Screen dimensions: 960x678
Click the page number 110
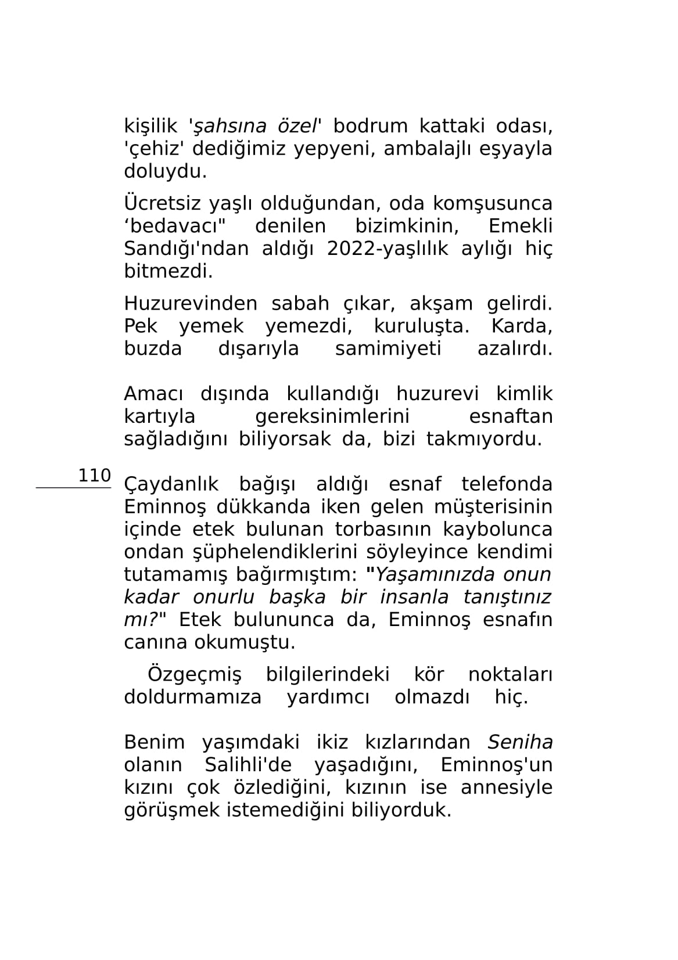(x=94, y=475)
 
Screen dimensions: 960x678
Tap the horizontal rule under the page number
(x=73, y=488)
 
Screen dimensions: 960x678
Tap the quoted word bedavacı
(x=175, y=226)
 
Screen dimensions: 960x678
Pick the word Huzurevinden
(x=190, y=303)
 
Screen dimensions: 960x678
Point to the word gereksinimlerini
(x=332, y=416)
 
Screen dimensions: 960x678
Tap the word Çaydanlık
(x=172, y=484)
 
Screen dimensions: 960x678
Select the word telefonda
(x=507, y=484)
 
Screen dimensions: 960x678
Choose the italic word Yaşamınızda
(x=436, y=574)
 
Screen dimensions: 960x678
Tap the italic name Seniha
(x=519, y=742)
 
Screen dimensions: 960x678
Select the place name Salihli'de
(x=247, y=765)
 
